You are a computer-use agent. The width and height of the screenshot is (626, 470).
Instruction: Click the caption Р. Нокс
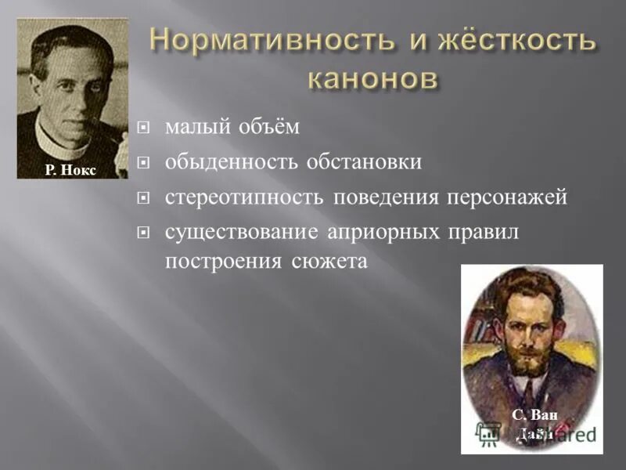pyautogui.click(x=70, y=169)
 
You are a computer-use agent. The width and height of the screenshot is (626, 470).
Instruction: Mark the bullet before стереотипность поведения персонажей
pyautogui.click(x=143, y=198)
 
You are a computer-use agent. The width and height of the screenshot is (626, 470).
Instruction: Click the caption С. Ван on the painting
pyautogui.click(x=534, y=415)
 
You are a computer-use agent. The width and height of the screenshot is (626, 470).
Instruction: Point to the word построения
pyautogui.click(x=221, y=262)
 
